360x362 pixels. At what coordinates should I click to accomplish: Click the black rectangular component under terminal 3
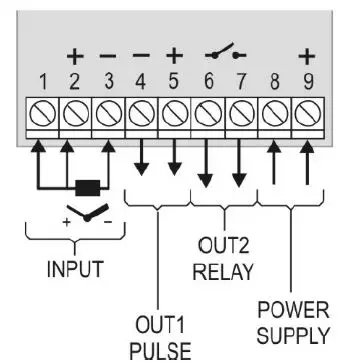(x=87, y=187)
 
